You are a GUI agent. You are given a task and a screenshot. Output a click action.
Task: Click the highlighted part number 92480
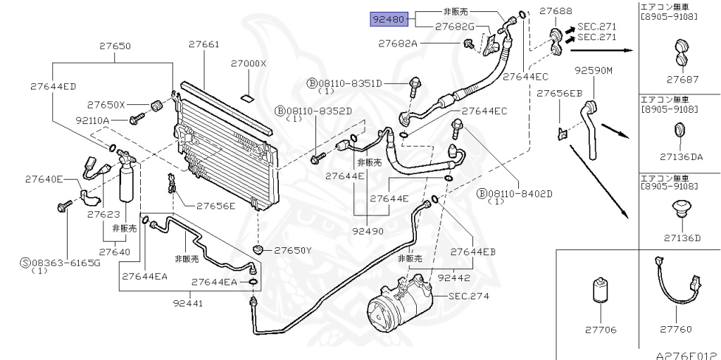click(x=389, y=19)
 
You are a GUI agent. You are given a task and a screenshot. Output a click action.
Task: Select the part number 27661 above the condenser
click(x=203, y=45)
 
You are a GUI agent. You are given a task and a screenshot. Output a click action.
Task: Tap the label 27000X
click(x=249, y=63)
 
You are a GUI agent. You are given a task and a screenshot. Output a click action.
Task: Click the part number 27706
click(x=599, y=329)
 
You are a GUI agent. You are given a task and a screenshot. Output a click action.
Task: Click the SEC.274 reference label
click(x=468, y=296)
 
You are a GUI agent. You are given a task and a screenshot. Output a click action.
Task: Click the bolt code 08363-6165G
click(x=65, y=262)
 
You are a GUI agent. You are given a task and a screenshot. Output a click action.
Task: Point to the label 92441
click(x=188, y=304)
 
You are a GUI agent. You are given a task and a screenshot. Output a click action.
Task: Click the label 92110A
click(x=107, y=120)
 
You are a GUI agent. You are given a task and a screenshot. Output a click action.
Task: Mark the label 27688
click(x=555, y=11)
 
